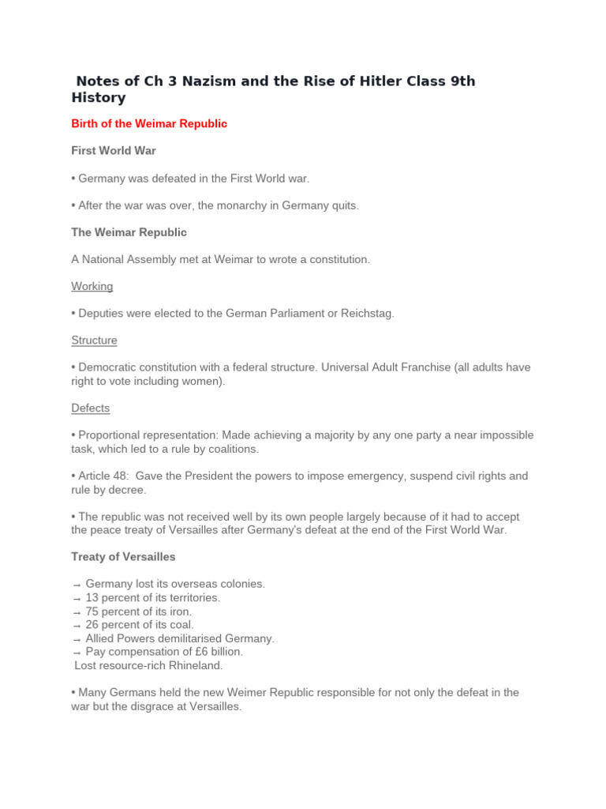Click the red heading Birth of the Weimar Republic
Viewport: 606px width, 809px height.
point(149,124)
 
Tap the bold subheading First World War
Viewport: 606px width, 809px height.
point(114,151)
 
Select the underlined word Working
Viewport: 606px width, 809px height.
point(92,286)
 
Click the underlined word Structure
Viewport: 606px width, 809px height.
point(94,341)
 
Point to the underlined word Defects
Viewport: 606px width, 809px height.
point(91,408)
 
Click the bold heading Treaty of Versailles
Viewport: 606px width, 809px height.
point(123,557)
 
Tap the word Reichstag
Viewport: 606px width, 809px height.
point(367,314)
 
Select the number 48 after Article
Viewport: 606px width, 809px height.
point(115,476)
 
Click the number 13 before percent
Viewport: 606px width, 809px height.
point(92,598)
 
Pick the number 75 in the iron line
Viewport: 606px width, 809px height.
point(92,611)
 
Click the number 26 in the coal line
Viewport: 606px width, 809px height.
point(92,625)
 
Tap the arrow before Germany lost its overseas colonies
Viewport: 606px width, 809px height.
point(76,585)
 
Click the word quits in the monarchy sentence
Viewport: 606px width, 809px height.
point(343,205)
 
